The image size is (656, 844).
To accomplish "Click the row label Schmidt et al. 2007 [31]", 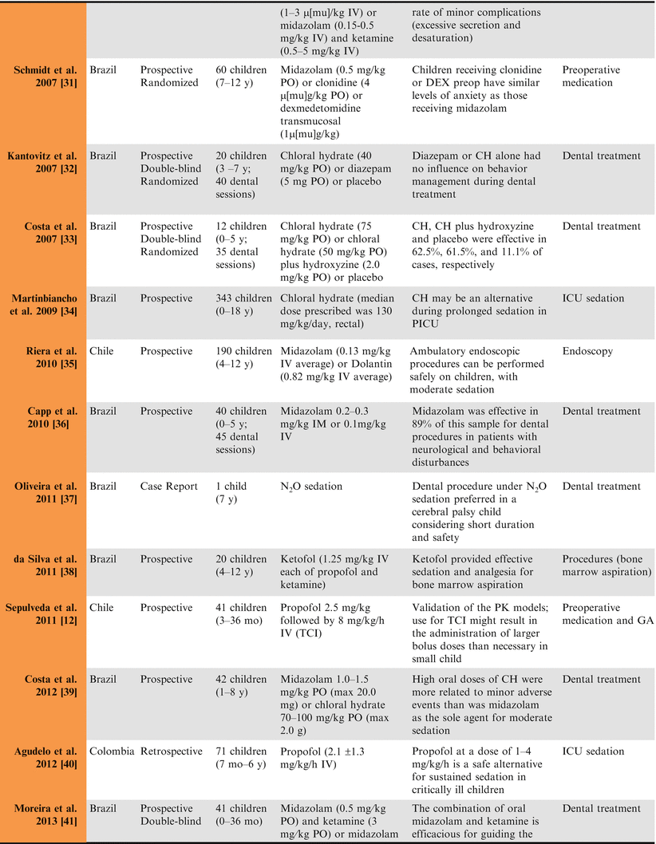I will tap(49, 77).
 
